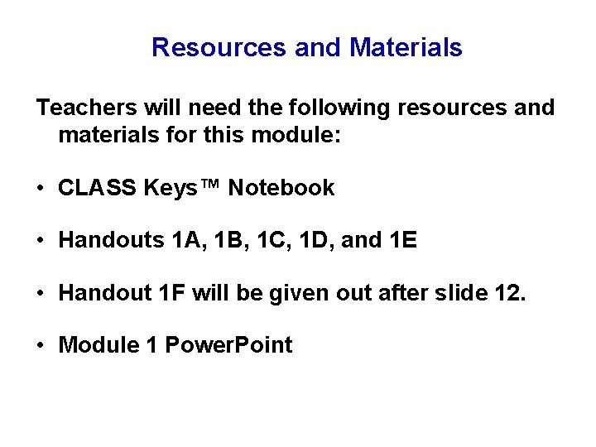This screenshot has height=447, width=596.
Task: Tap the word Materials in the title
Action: point(406,48)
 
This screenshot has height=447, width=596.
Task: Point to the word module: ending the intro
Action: point(297,135)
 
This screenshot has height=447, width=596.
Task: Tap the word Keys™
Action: point(182,188)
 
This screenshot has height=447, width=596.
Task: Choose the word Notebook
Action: point(281,188)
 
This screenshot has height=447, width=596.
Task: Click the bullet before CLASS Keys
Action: point(41,189)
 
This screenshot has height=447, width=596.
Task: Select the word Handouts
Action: point(112,241)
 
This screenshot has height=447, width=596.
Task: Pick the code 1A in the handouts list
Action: point(187,241)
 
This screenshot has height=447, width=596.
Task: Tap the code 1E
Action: point(404,241)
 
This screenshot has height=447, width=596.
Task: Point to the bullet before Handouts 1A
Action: point(41,242)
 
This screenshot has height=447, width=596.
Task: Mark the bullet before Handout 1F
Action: point(41,294)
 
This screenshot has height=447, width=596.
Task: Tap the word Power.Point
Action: point(229,344)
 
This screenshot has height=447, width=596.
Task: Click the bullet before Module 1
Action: point(41,345)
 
